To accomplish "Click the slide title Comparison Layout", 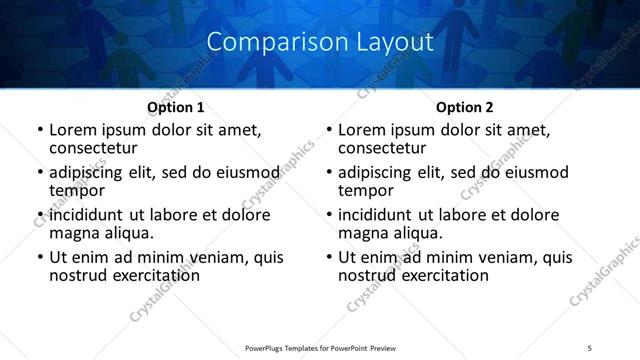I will [320, 43].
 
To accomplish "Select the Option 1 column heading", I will [176, 106].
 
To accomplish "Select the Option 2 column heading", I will [464, 106].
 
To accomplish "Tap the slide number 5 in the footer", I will [590, 349].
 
